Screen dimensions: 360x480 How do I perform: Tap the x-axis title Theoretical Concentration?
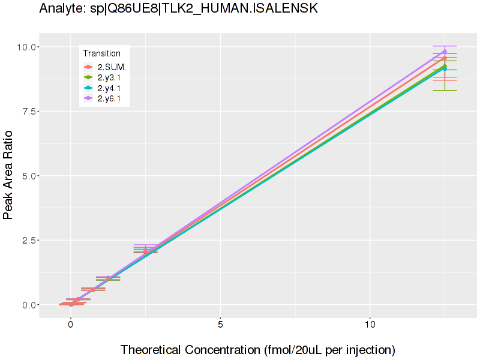click(x=257, y=349)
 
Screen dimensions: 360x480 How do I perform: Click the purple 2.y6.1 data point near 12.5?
click(x=445, y=52)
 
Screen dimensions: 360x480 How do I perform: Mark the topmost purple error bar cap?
click(x=445, y=46)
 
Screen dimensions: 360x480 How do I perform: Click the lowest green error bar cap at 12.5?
click(x=445, y=90)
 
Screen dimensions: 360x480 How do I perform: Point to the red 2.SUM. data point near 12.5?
click(x=445, y=58)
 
